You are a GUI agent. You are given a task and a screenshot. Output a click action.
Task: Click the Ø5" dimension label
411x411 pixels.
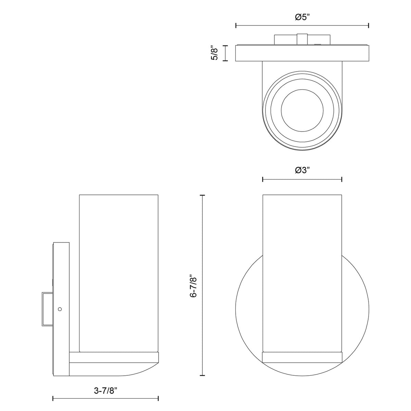coord(302,17)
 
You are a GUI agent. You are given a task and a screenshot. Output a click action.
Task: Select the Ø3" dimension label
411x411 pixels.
coord(302,170)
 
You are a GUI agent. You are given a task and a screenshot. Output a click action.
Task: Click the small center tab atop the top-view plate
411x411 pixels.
coord(302,39)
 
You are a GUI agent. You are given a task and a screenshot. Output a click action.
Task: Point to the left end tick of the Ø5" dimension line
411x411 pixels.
coord(236,26)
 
